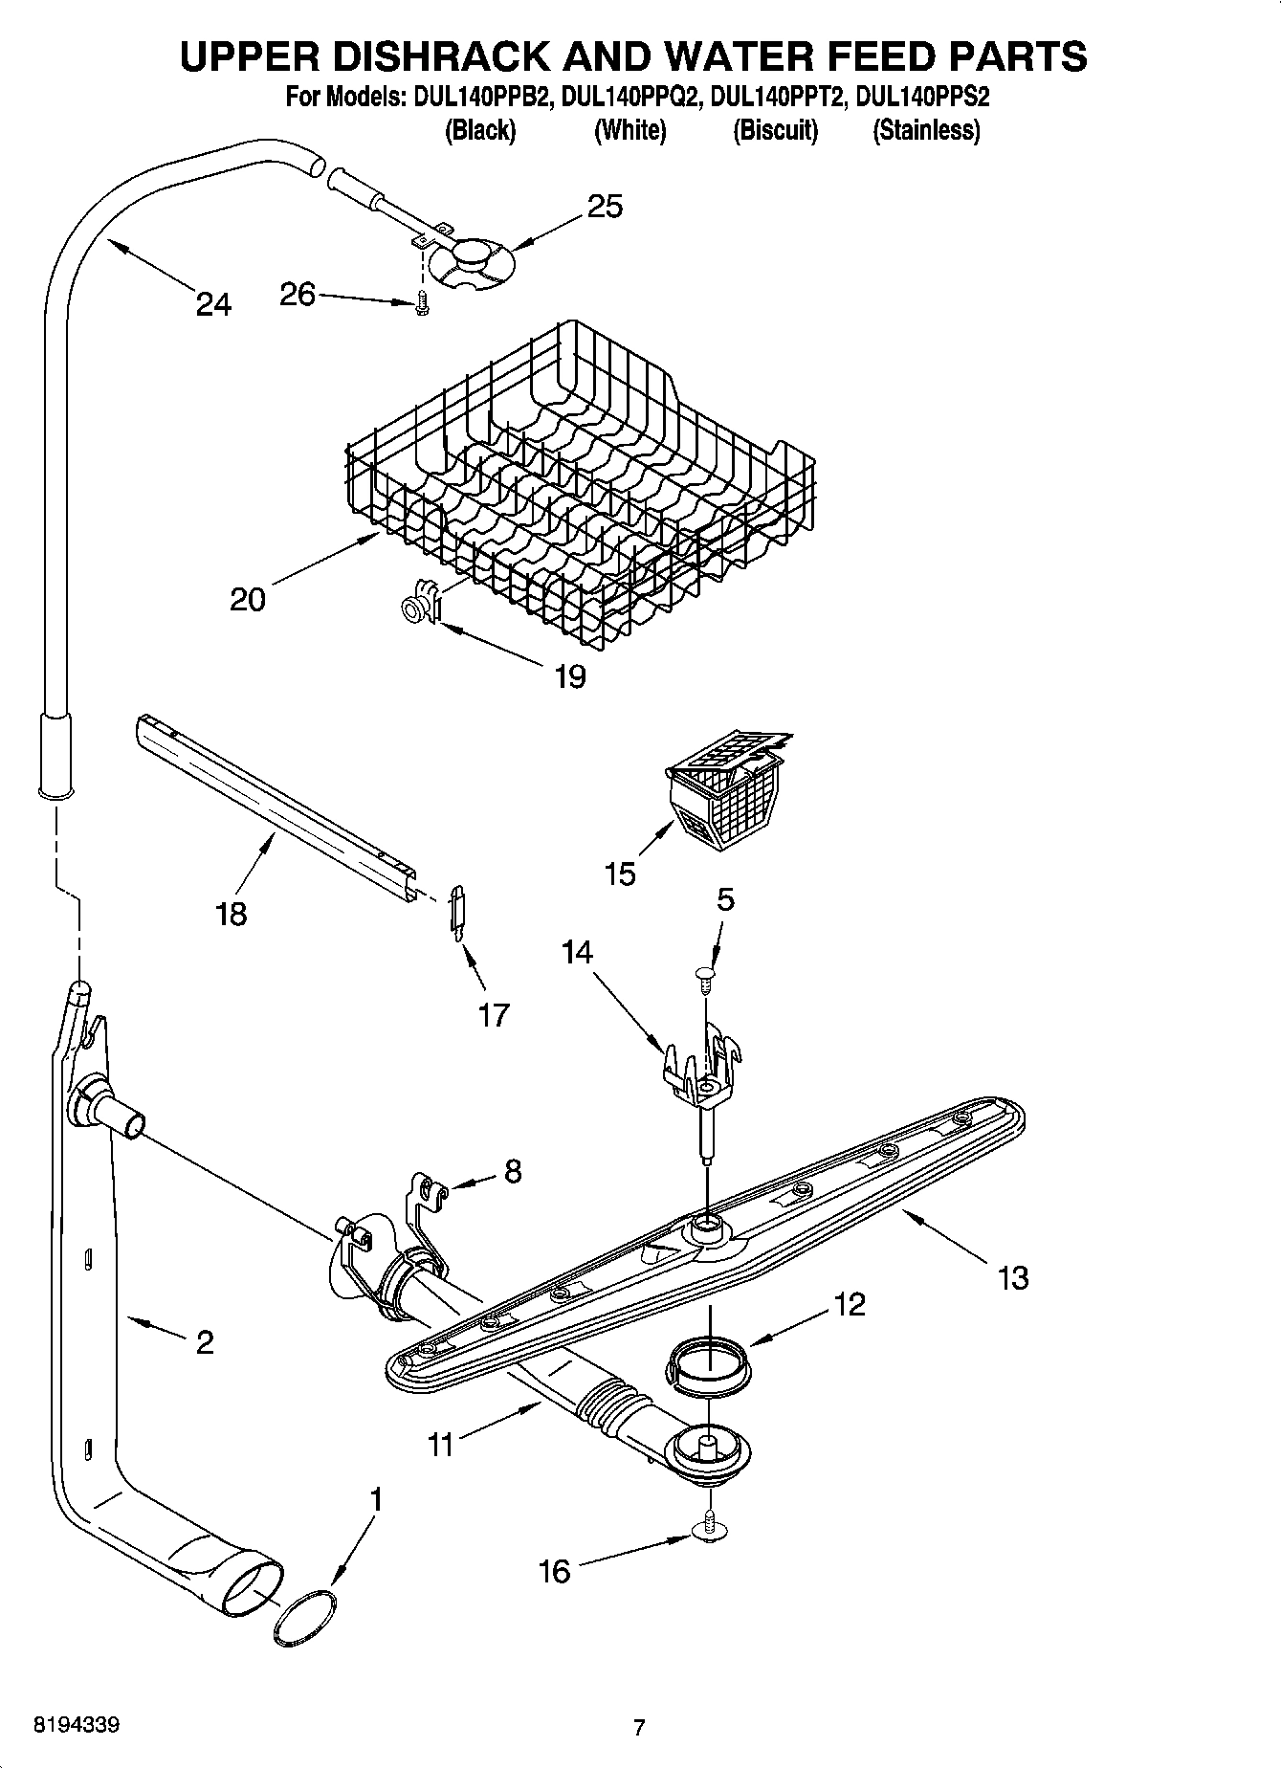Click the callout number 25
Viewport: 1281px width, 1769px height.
click(605, 206)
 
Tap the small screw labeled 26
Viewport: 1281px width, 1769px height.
click(422, 303)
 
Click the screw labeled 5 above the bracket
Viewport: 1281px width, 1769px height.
click(705, 974)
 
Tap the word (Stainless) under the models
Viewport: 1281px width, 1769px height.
click(926, 131)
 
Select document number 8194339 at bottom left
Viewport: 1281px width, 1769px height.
click(77, 1725)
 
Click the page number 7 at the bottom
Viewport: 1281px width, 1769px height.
click(639, 1727)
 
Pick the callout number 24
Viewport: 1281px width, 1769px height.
click(213, 304)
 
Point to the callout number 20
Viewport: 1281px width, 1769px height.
click(248, 600)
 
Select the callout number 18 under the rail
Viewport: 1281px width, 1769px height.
click(232, 913)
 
